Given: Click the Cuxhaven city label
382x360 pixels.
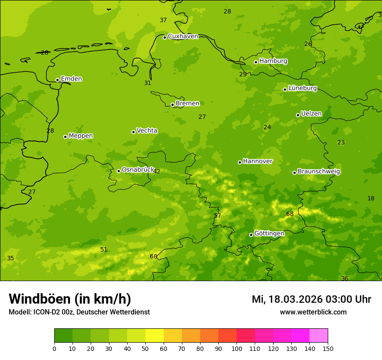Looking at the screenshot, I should pos(183,36).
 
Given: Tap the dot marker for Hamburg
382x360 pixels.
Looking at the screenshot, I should pos(256,62).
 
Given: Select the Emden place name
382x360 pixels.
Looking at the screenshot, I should pos(71,79).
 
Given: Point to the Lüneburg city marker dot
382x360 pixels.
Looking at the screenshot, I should pos(285,89).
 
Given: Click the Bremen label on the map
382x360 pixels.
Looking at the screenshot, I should pos(187,104).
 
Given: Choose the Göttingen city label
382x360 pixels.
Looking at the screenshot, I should pos(269,233).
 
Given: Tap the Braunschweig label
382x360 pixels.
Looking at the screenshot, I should pos(319,172).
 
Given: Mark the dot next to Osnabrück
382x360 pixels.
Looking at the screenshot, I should pos(119,171).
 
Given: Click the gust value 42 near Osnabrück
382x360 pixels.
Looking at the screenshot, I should pos(157,172).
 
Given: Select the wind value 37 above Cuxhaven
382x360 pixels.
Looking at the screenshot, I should pos(163,20).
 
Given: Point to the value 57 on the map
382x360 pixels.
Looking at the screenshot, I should pos(217,216).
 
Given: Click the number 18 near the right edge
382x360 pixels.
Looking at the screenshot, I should pos(371,199).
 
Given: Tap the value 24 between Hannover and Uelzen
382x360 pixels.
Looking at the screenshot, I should pos(267,128).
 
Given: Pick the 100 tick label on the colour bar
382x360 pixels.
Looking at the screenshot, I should pos(237,348).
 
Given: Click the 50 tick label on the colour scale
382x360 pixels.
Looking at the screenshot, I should pos(145,348).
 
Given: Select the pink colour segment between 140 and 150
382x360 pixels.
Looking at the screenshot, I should pos(319,335).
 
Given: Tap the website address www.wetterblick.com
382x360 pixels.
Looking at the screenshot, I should pos(313,312).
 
